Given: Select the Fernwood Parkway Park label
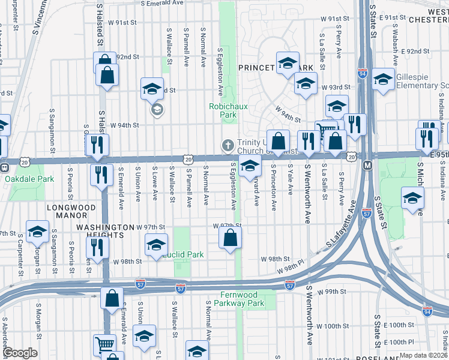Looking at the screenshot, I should (243, 299).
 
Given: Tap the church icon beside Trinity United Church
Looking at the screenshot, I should (228, 145).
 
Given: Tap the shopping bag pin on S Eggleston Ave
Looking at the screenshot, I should (231, 238).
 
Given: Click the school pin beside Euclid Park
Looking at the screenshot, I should (155, 245).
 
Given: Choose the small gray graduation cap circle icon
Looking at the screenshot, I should (157, 110).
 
